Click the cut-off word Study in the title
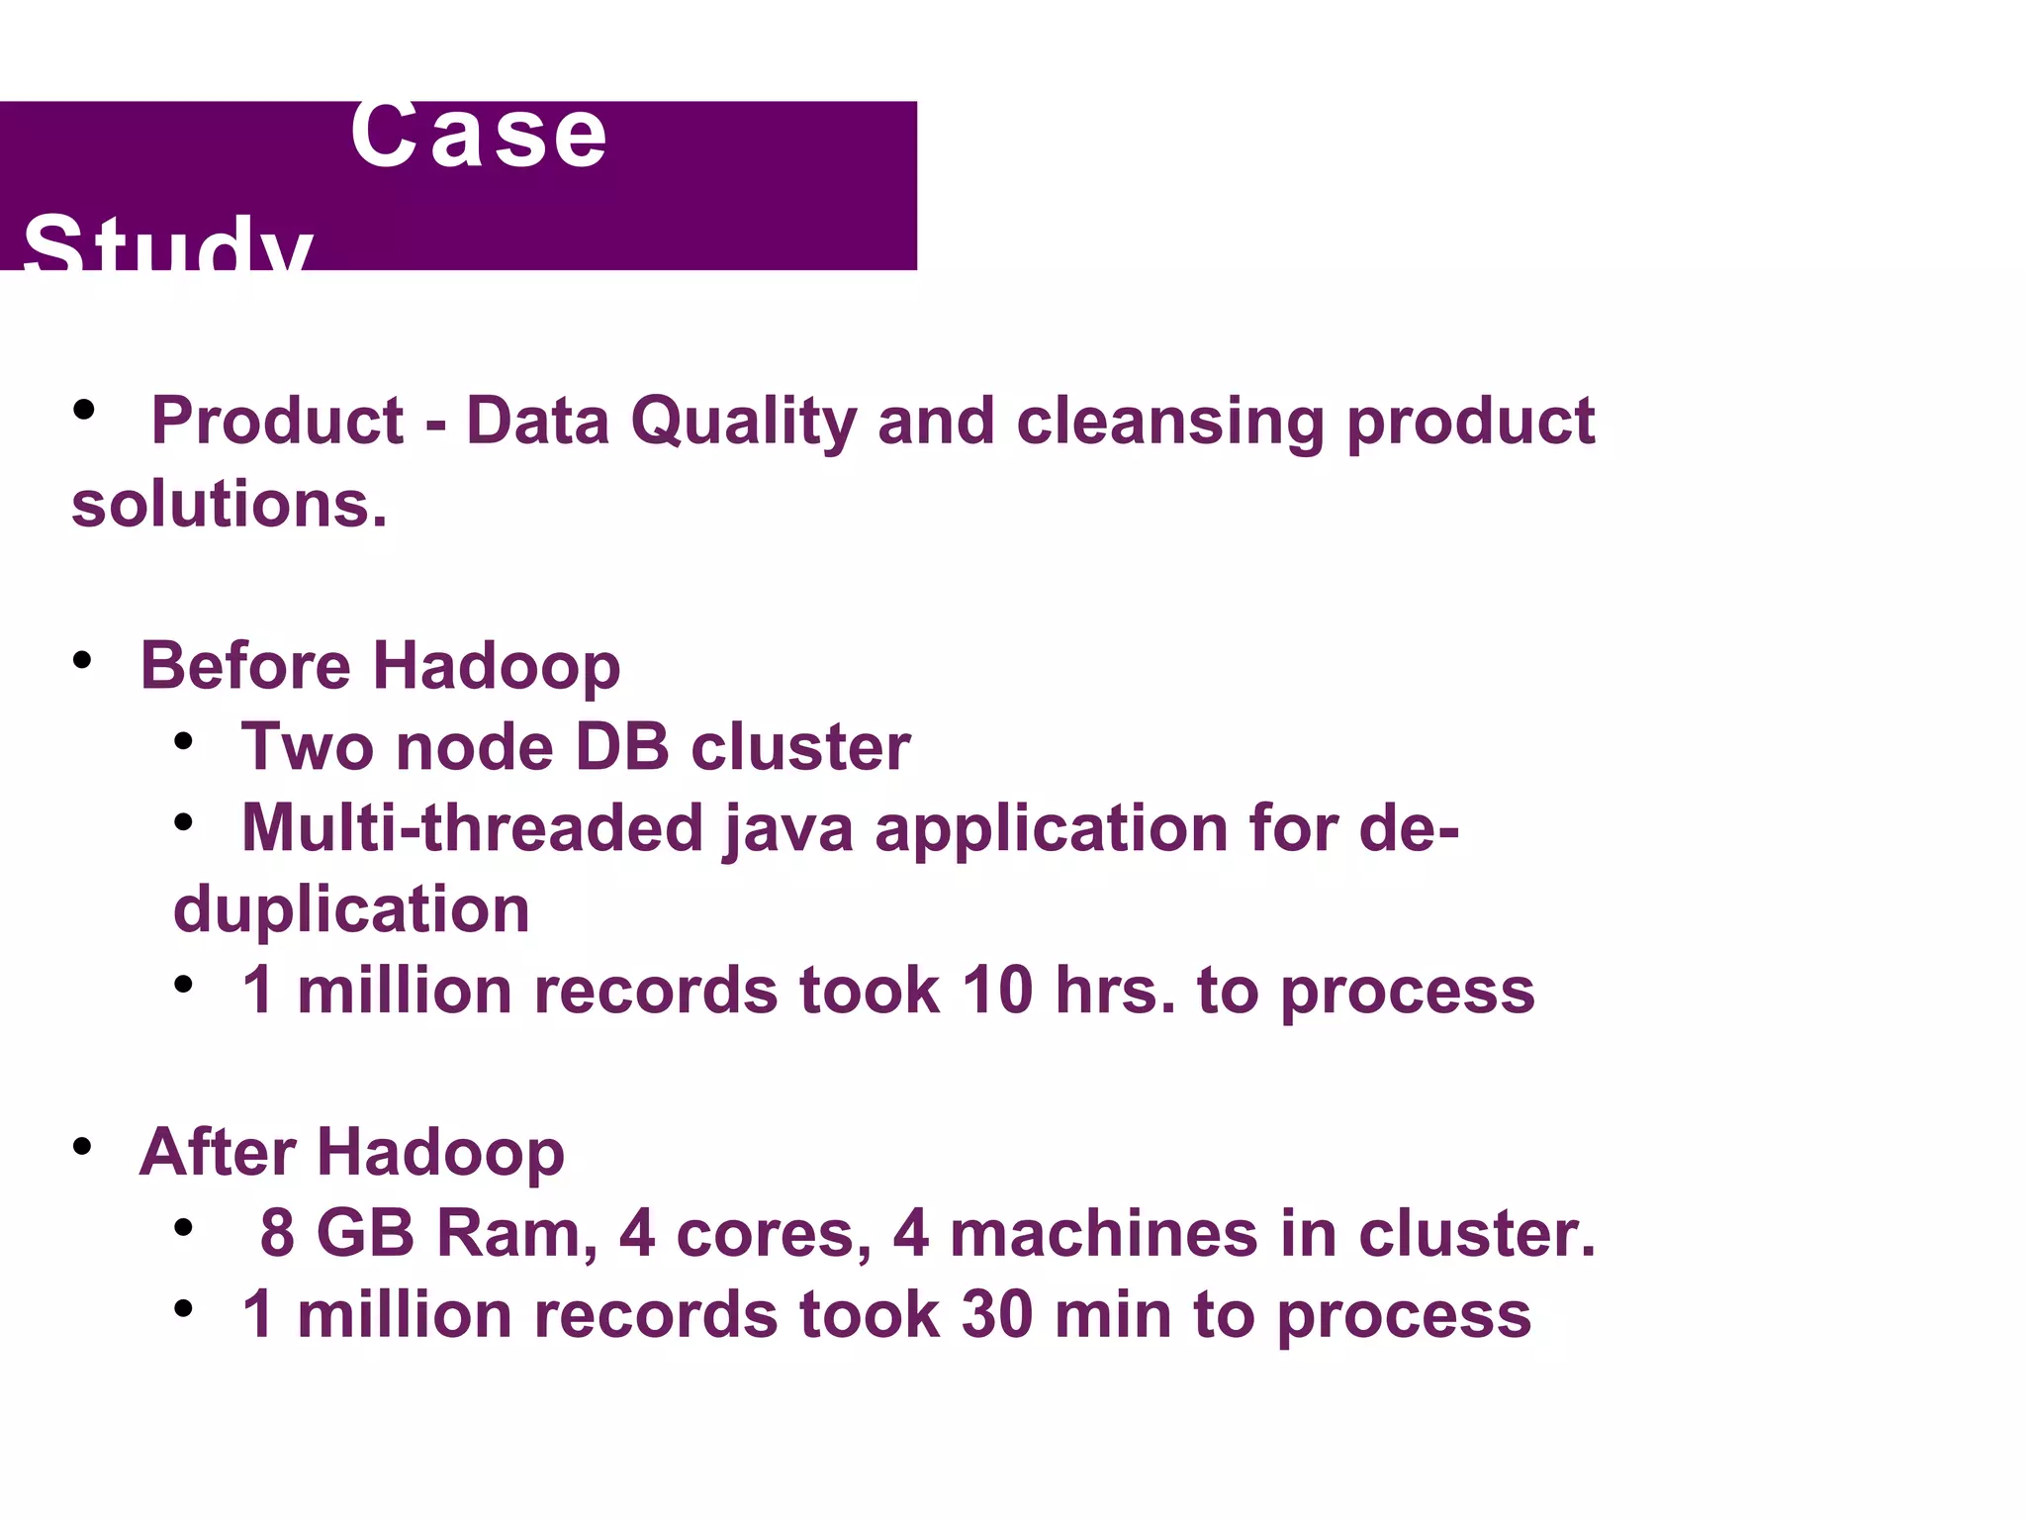coord(168,244)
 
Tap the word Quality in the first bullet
coord(743,422)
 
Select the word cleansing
coord(1170,422)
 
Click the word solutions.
coord(229,505)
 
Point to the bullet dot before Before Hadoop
coord(82,660)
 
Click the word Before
coord(244,665)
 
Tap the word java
coord(788,829)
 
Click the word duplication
coord(351,909)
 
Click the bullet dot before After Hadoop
coord(82,1147)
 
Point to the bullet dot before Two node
coord(183,741)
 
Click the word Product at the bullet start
coord(277,422)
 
